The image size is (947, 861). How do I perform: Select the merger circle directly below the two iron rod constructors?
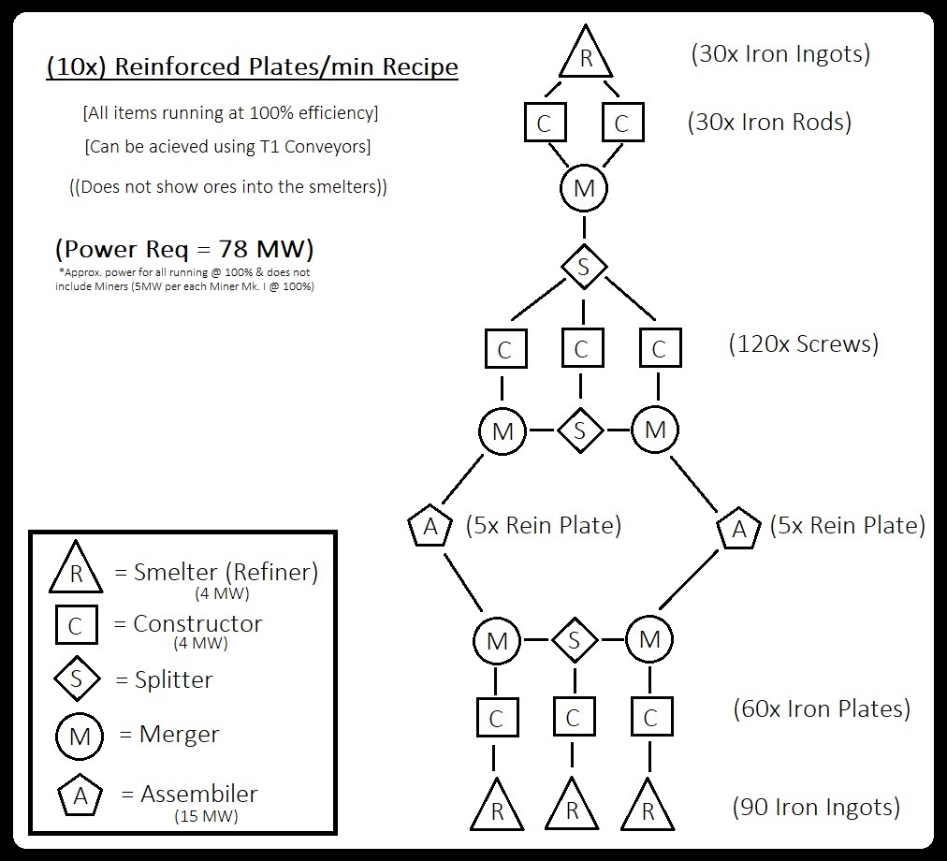click(583, 188)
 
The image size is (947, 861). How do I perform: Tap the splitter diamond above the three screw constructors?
click(583, 267)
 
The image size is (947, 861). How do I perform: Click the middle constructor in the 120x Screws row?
click(582, 348)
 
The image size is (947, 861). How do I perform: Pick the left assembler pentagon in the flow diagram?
click(430, 526)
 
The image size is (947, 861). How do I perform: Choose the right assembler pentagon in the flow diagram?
click(738, 528)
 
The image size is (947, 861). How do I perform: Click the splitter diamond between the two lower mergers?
click(575, 640)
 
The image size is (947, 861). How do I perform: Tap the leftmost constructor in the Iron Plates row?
click(497, 717)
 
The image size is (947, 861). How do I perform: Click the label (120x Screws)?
click(803, 343)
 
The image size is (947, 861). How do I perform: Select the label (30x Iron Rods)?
click(769, 122)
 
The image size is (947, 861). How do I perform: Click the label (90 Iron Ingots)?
click(816, 808)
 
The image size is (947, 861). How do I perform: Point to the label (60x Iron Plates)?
click(822, 708)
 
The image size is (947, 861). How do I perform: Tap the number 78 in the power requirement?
click(233, 248)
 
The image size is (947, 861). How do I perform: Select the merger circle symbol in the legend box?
click(80, 736)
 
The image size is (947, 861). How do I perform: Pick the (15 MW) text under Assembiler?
click(206, 816)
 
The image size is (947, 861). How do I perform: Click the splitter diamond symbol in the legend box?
click(77, 679)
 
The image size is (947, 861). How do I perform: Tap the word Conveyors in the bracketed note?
click(327, 147)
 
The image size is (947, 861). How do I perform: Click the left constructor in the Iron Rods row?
click(545, 123)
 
